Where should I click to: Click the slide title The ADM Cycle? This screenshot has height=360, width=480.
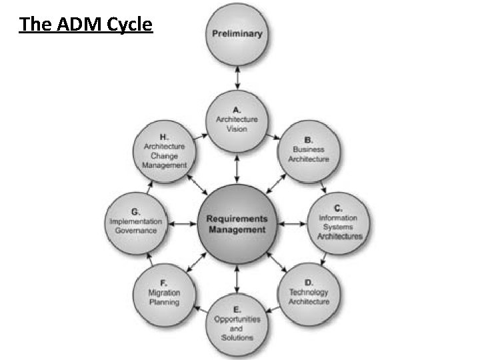coord(86,25)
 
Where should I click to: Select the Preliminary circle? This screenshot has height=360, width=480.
coord(237,33)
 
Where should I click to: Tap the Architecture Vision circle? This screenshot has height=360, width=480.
coord(237,120)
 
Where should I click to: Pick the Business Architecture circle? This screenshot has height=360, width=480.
coord(309,150)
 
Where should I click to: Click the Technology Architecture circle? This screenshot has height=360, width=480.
coord(309,293)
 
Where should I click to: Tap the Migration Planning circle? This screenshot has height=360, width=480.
coord(164,293)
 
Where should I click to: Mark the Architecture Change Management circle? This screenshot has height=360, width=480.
coord(165,150)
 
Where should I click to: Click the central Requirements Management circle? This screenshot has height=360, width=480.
coord(237,224)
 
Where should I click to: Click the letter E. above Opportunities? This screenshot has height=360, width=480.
coord(237,309)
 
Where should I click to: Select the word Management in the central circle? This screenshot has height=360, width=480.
coord(237,230)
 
